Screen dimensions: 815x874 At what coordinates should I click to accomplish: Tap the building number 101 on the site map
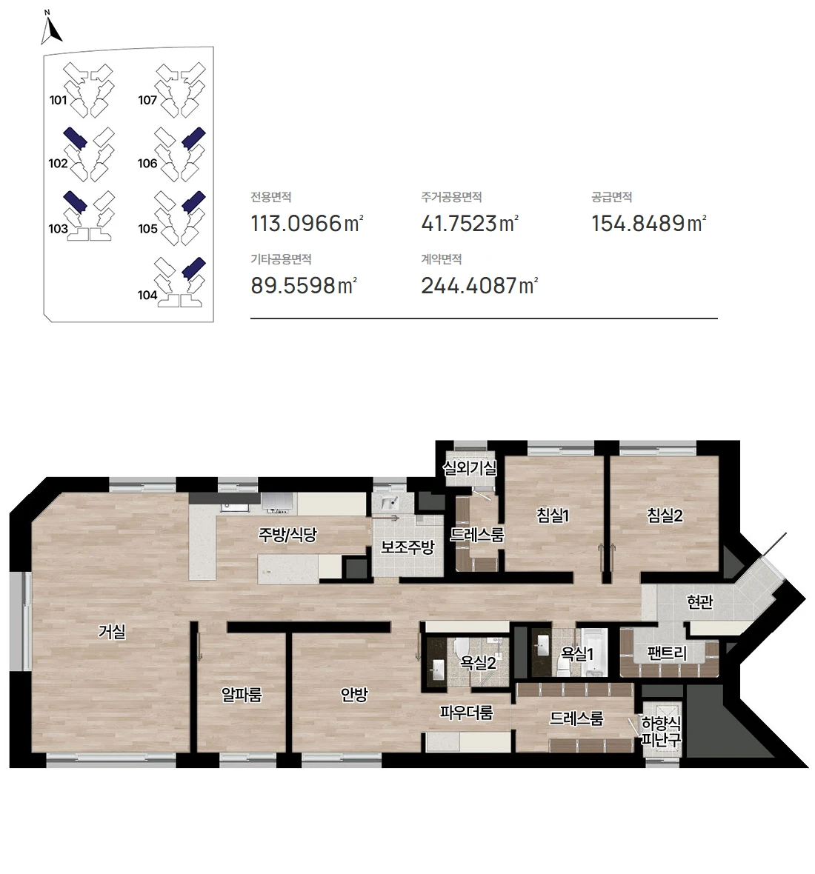(58, 100)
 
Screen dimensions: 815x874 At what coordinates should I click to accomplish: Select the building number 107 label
(147, 100)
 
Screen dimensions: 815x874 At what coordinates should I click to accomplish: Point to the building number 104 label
(147, 295)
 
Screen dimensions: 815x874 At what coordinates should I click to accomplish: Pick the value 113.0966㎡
(307, 224)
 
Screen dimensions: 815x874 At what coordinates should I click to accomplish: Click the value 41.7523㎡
(470, 224)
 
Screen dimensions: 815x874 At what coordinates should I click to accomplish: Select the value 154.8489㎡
(649, 224)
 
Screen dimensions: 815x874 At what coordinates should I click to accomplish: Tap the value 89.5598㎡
(303, 285)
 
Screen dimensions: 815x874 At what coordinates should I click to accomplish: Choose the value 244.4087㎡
(479, 285)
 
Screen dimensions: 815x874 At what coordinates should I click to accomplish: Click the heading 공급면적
(611, 197)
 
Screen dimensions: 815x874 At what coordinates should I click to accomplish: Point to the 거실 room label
(112, 632)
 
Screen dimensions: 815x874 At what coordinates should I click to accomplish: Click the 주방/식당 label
(287, 535)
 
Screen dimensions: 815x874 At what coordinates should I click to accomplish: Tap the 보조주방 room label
(407, 547)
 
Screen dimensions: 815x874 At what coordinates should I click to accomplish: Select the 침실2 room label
(665, 516)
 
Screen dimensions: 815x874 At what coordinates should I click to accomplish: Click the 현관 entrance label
(700, 602)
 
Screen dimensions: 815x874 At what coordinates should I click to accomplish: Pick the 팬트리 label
(667, 653)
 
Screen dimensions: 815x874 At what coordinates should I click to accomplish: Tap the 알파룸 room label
(242, 695)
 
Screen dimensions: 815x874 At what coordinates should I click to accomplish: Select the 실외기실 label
(470, 467)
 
